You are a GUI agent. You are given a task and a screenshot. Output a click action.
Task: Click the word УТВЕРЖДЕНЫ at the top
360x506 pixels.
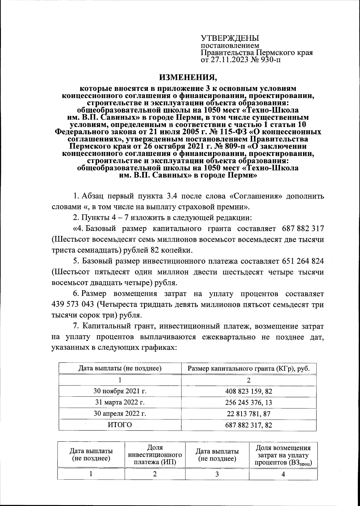point(229,38)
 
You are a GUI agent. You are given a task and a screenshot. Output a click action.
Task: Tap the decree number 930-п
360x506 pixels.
point(271,60)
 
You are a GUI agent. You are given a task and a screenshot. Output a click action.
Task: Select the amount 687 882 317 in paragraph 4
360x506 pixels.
point(303,229)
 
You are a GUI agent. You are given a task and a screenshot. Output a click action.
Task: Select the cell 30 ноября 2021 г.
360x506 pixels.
point(120,391)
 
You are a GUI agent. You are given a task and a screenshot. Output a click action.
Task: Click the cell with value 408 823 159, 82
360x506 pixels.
point(248,391)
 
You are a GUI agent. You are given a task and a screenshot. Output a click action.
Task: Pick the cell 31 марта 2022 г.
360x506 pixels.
point(120,402)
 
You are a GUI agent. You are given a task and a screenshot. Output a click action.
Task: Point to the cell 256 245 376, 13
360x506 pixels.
point(248,402)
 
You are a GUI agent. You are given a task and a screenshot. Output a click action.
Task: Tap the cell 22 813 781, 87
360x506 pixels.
point(248,414)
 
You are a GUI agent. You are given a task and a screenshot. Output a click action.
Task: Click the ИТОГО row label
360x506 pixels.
point(120,425)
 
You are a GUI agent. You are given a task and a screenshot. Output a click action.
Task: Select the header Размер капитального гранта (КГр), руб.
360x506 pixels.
point(248,368)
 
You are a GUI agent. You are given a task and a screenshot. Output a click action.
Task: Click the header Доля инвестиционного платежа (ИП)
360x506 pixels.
point(155,455)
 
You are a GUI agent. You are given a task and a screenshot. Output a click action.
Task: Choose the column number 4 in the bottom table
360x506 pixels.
point(283,474)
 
